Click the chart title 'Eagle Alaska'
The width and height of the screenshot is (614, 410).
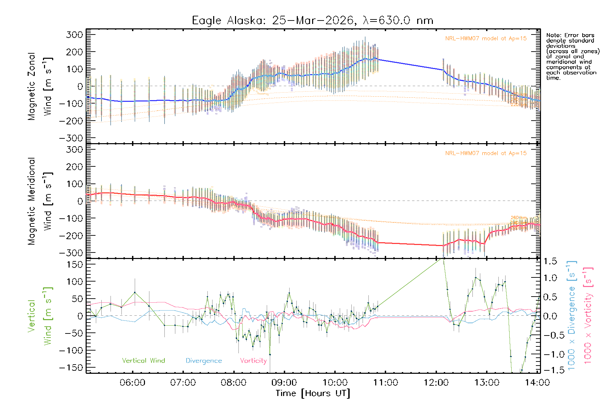[226, 20]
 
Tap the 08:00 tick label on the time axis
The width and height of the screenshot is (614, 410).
[234, 383]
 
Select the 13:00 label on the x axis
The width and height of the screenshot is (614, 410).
[487, 383]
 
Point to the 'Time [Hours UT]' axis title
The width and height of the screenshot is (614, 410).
[313, 393]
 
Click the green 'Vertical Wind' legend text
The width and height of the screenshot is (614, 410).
[143, 360]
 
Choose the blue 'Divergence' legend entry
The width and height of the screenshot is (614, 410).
[204, 360]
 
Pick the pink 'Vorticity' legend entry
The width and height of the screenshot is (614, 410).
[253, 360]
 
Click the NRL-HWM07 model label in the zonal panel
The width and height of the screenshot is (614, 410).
[486, 39]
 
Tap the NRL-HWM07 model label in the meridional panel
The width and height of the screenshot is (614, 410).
[486, 153]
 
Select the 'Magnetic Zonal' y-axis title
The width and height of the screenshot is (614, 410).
[31, 86]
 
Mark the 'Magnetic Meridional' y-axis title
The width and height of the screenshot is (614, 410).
[31, 201]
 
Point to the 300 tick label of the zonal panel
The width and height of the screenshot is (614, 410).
[74, 35]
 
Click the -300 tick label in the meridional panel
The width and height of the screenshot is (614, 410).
[71, 253]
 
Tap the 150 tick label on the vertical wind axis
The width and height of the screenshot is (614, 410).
[74, 264]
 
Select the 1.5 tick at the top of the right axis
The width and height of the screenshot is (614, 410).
[550, 261]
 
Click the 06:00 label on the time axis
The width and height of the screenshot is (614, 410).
[133, 383]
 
